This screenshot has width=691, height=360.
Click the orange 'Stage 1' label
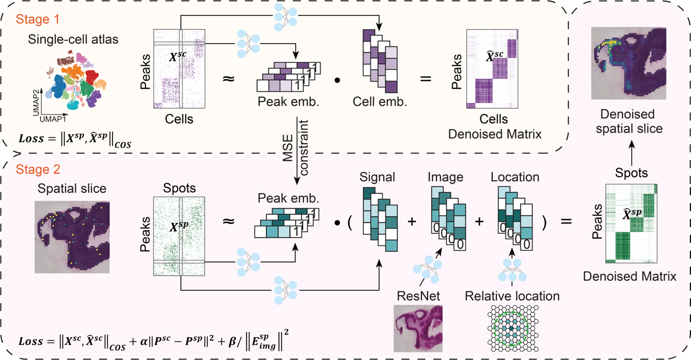click(38, 20)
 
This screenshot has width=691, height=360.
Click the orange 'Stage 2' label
click(38, 169)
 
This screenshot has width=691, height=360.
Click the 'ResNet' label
click(418, 296)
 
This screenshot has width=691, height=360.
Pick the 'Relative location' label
click(512, 296)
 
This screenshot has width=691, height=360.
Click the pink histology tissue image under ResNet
click(418, 328)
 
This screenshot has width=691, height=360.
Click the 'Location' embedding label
click(515, 177)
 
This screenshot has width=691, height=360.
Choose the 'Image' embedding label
click(445, 177)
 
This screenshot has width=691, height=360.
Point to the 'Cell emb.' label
click(380, 102)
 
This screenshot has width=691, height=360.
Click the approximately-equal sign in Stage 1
click(229, 78)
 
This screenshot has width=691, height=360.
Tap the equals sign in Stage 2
click(566, 222)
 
